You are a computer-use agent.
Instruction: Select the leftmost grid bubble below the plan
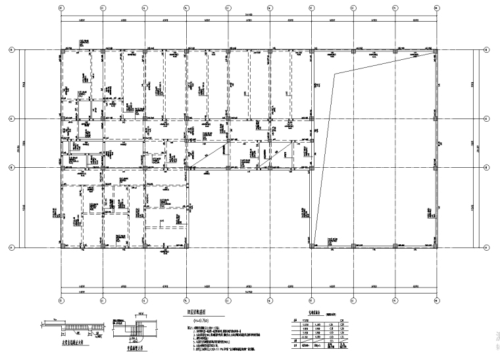(x=61, y=299)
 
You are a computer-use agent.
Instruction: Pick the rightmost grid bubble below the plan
(x=436, y=299)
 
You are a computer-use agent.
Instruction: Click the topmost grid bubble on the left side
(x=11, y=50)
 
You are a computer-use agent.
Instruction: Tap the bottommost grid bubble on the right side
(x=486, y=247)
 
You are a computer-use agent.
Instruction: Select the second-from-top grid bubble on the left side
(x=11, y=118)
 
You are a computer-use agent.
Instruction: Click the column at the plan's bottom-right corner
(x=436, y=247)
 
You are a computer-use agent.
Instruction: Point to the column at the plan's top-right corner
(x=436, y=50)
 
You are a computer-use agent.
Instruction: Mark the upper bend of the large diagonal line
(x=335, y=74)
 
